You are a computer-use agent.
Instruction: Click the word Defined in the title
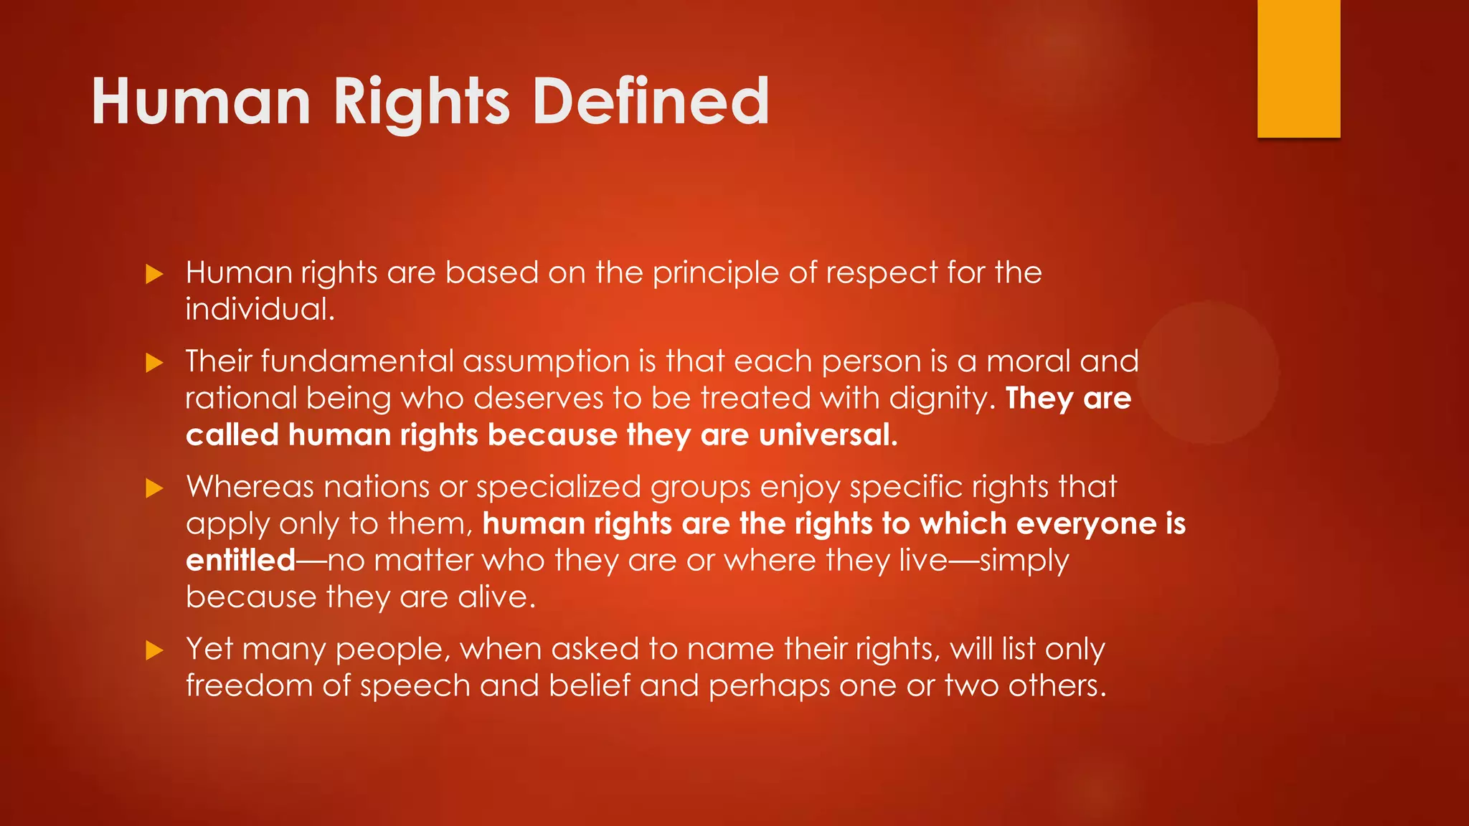click(651, 102)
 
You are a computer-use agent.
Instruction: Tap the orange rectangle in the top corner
click(1298, 68)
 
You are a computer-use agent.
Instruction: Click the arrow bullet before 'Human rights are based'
click(154, 274)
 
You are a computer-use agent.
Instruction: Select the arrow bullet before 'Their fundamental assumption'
click(154, 362)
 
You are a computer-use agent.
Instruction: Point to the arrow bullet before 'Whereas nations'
click(154, 488)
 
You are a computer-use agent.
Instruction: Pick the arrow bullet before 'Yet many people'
click(154, 650)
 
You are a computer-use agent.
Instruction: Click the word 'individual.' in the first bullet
click(260, 309)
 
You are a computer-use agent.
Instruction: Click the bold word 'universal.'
click(828, 435)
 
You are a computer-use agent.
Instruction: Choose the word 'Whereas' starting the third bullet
click(250, 488)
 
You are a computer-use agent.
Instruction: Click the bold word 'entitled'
click(240, 561)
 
